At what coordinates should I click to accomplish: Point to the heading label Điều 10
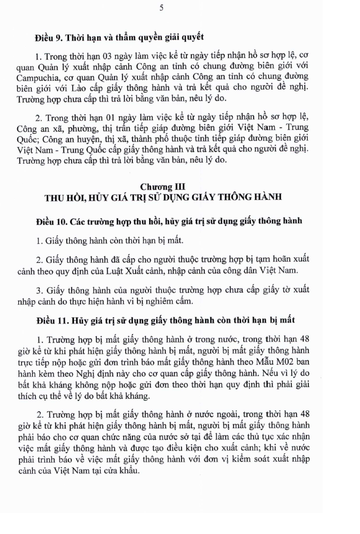(x=51, y=222)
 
